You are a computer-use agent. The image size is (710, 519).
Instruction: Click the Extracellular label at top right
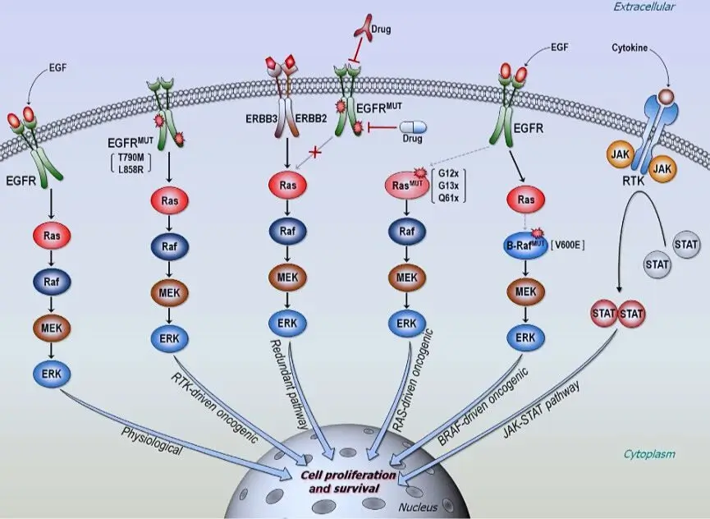(644, 7)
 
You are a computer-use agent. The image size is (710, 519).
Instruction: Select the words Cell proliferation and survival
(348, 481)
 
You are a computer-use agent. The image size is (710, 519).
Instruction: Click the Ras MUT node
(407, 186)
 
